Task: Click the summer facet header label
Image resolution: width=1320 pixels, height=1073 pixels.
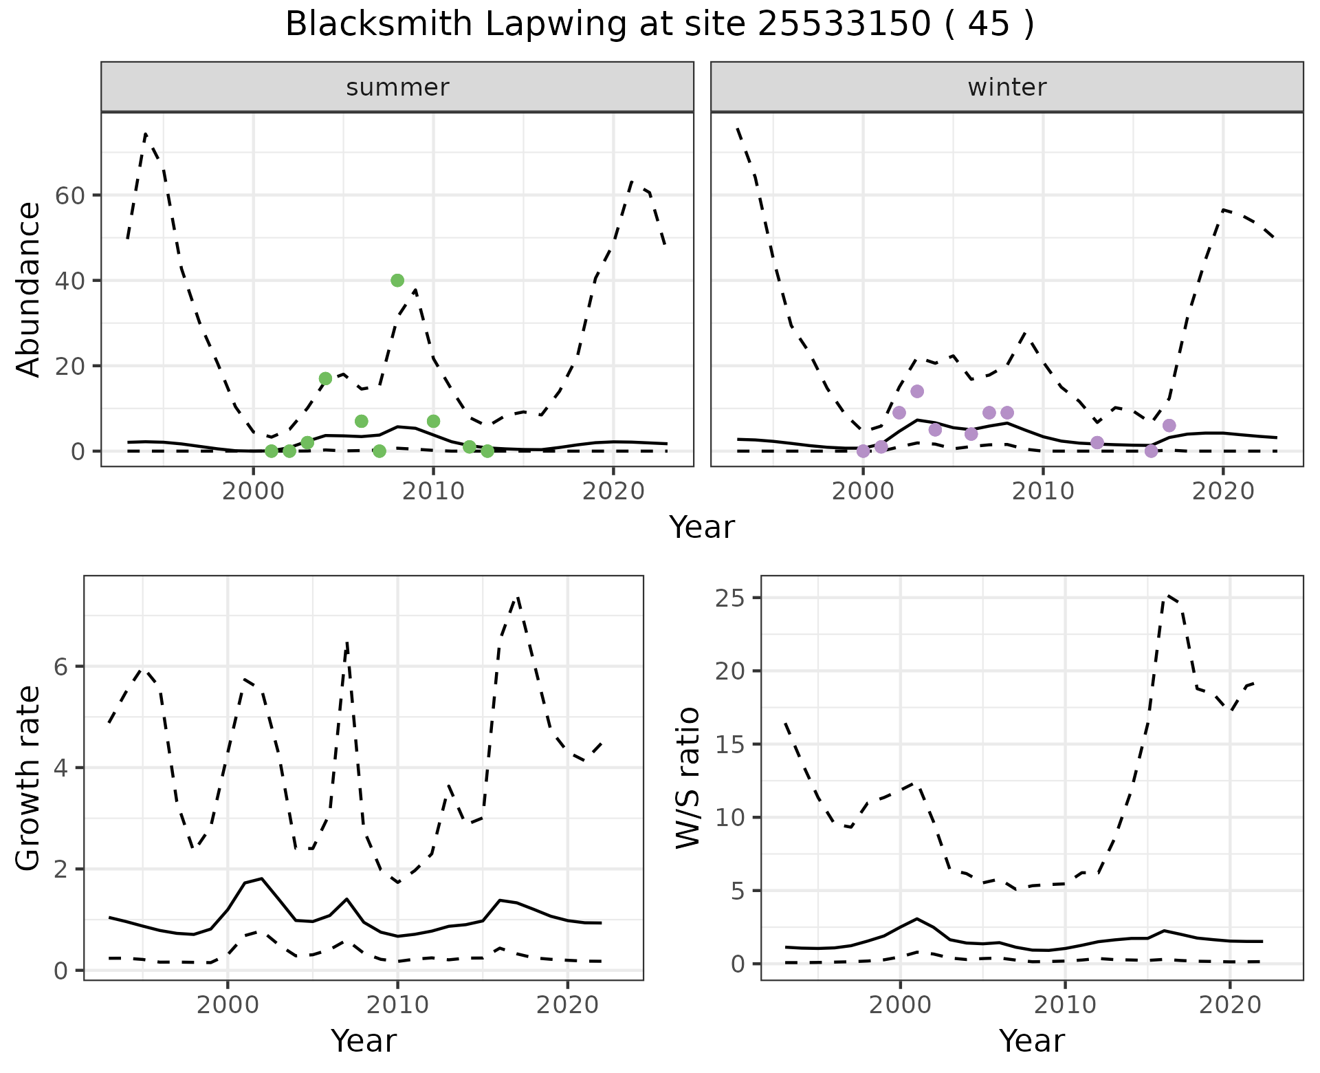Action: tap(397, 87)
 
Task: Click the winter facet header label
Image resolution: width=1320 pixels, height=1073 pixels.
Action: tap(1006, 87)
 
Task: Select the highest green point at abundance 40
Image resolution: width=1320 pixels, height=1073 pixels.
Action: tap(397, 280)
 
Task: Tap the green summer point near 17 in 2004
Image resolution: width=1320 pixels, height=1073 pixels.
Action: tap(325, 378)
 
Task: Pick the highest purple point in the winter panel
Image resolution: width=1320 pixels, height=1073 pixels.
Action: tap(917, 391)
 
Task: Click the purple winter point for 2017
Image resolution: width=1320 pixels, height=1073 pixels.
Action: tap(1169, 425)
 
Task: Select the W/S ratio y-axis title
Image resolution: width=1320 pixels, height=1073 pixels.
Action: tap(687, 778)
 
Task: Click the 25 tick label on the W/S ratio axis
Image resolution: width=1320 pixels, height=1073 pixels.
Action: tap(731, 598)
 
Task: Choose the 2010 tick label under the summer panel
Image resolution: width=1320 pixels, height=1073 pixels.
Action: tap(433, 491)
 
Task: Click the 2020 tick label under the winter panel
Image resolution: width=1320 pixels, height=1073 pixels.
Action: tap(1223, 491)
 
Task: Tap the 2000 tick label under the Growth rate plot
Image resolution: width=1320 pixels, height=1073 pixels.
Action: tap(228, 1005)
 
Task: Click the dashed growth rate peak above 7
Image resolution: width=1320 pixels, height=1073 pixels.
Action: tap(517, 598)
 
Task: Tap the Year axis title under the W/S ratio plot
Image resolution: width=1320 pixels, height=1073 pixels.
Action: tap(1031, 1041)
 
